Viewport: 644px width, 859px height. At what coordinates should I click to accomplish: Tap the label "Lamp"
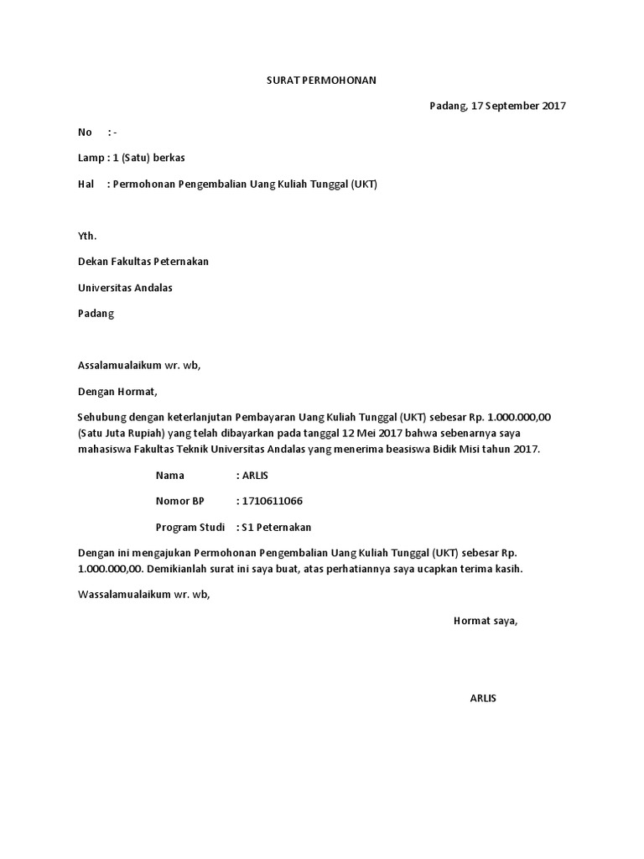(x=91, y=158)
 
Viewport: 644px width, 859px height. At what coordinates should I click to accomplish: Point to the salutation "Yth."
(x=87, y=236)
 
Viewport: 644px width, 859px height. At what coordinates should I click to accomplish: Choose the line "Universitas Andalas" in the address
(x=126, y=288)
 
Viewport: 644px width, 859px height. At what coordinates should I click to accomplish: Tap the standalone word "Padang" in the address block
(x=96, y=314)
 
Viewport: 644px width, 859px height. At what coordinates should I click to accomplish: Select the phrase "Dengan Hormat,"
(x=117, y=391)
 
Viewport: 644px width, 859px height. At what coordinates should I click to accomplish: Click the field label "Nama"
(x=169, y=476)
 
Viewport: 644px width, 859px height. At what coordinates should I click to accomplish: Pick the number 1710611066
(x=273, y=501)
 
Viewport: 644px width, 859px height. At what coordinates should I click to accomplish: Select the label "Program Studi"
(x=190, y=527)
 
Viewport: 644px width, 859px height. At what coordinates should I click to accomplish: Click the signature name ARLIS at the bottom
(x=483, y=698)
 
